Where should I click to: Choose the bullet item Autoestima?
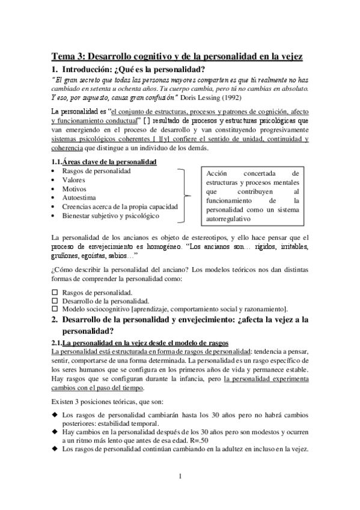[78, 197]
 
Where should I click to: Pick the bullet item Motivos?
[75, 188]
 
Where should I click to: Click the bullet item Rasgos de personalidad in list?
[96, 171]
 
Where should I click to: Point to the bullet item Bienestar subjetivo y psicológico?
[111, 215]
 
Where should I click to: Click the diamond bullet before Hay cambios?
[55, 432]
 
